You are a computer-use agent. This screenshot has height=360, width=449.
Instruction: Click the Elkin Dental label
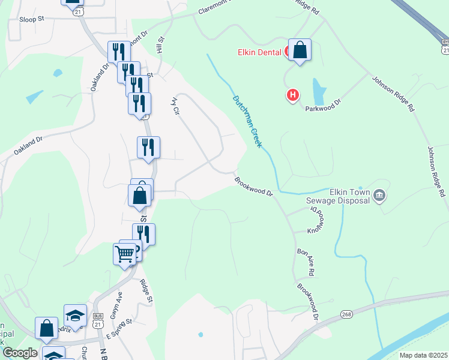(258, 52)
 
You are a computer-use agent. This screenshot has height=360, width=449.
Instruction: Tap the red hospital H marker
(293, 94)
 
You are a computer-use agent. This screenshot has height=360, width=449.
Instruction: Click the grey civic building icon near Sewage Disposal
(379, 195)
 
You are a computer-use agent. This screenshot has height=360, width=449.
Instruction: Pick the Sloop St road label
(32, 19)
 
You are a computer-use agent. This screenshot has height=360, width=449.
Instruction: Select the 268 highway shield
(346, 314)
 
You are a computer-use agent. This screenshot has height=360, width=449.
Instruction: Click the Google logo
(19, 353)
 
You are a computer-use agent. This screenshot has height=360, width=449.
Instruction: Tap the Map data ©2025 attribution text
(423, 355)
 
